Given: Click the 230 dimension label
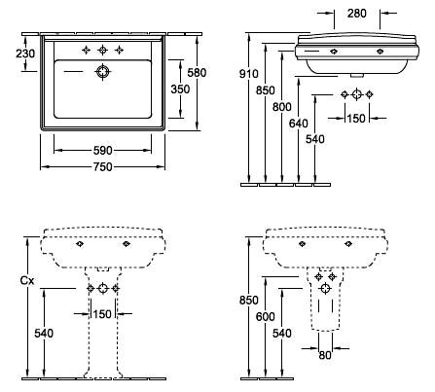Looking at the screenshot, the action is (x=25, y=53).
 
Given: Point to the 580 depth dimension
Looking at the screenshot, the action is (x=197, y=73).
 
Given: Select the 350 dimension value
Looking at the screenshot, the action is (x=180, y=89).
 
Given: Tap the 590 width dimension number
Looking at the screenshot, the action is (x=102, y=151).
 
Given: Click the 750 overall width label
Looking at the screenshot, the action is (x=102, y=167).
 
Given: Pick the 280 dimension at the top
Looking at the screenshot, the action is (x=357, y=14).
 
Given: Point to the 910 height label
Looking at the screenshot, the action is (x=249, y=74).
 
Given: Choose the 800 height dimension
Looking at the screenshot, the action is (x=281, y=107).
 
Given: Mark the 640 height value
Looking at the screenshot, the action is (x=298, y=124).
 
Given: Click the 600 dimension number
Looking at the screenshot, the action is (x=265, y=316).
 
